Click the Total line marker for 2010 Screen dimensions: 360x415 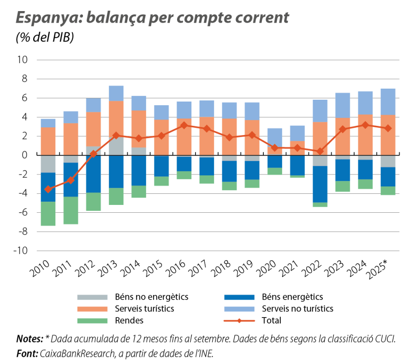coord(48,189)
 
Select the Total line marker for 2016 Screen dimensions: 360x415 coord(184,125)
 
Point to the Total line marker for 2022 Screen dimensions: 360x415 coord(319,151)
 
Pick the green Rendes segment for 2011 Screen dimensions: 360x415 coord(71,210)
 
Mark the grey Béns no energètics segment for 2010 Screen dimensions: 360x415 coord(48,164)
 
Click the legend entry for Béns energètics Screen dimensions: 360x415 coord(293,297)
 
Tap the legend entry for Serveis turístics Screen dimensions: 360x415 coord(141,308)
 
